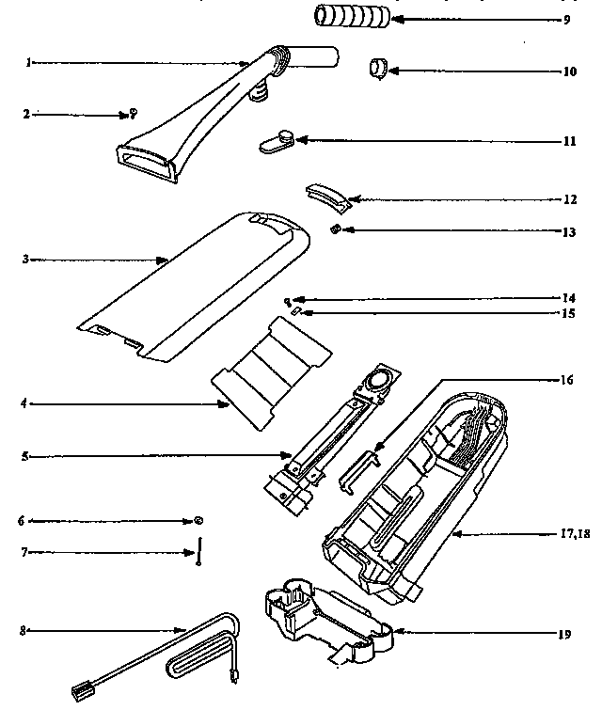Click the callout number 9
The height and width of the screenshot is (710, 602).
pyautogui.click(x=568, y=19)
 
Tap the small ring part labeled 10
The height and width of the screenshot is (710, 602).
pyautogui.click(x=378, y=69)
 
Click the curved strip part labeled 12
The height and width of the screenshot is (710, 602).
pyautogui.click(x=328, y=196)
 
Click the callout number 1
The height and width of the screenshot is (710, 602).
pyautogui.click(x=29, y=63)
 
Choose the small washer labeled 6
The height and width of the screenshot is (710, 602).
pyautogui.click(x=198, y=520)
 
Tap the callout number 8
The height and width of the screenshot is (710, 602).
pyautogui.click(x=23, y=630)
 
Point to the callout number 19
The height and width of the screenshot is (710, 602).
pyautogui.click(x=564, y=634)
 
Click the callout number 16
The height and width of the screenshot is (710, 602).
pyautogui.click(x=566, y=380)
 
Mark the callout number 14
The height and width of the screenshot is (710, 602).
pyautogui.click(x=569, y=298)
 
